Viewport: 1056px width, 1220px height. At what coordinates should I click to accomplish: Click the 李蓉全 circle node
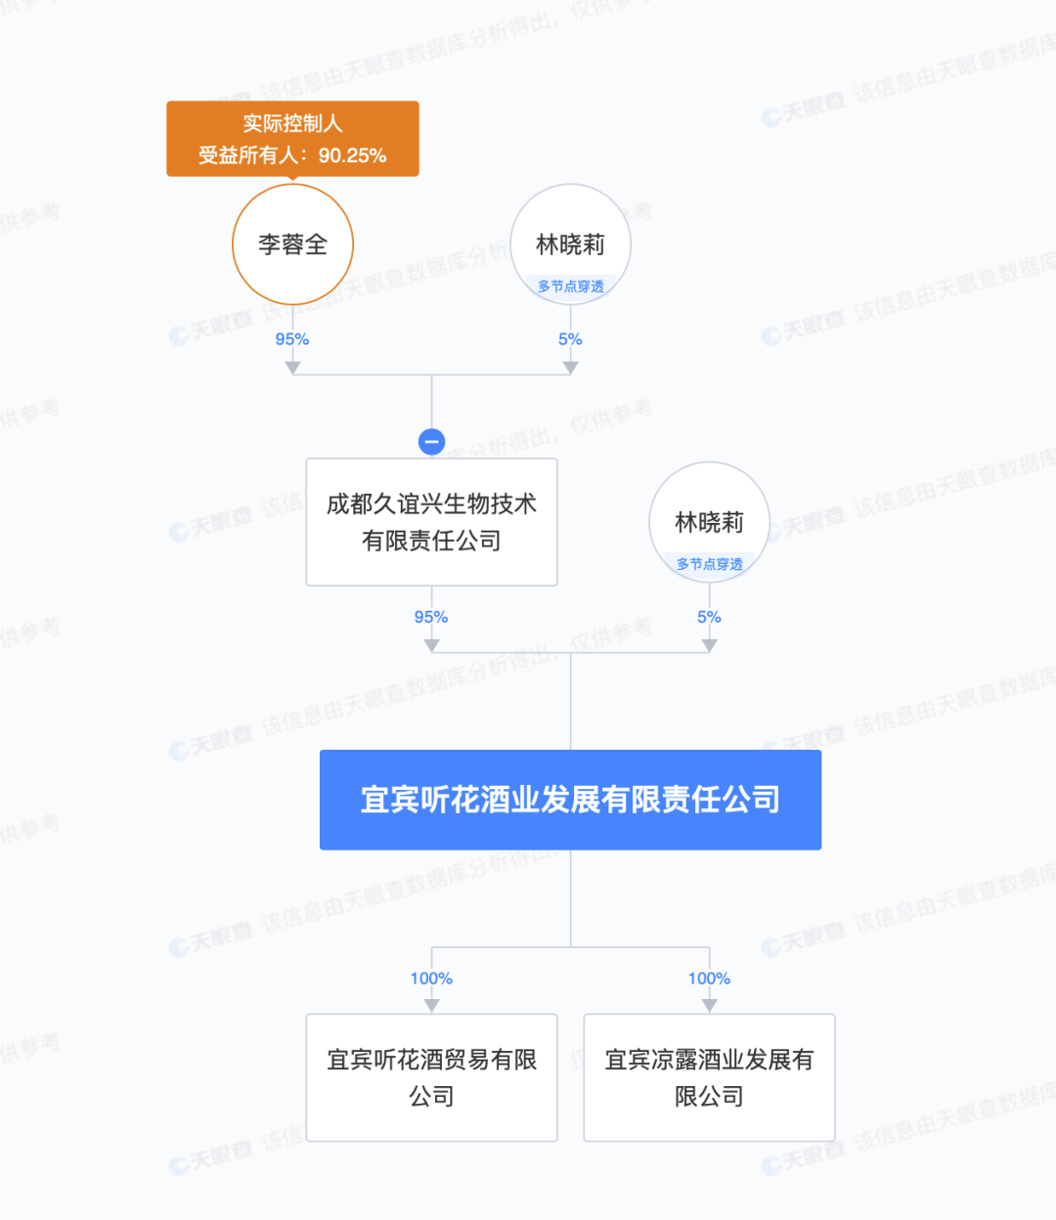pos(292,244)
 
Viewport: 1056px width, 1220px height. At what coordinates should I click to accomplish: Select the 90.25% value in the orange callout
pos(352,155)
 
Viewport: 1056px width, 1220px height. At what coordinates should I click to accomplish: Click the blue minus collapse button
pos(431,442)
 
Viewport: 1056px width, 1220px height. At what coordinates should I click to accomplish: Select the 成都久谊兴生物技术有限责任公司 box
pos(431,522)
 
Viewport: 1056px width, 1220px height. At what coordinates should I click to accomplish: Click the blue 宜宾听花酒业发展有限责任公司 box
pos(570,800)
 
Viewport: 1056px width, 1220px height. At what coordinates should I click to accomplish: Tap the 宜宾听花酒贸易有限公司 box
pos(431,1077)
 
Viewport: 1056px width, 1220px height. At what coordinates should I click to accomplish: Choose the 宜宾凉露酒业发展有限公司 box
pos(709,1077)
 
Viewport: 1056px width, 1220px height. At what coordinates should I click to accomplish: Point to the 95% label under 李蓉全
pos(292,339)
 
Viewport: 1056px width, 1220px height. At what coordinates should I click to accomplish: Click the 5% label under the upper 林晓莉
pos(570,339)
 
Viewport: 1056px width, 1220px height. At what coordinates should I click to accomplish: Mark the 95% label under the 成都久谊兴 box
pos(431,617)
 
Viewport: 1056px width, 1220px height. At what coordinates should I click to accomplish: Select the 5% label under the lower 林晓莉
pos(709,617)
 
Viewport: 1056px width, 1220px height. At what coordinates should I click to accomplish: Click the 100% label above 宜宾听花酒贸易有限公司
pos(431,979)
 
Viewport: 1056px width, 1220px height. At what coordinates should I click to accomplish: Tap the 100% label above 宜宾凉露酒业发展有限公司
pos(709,979)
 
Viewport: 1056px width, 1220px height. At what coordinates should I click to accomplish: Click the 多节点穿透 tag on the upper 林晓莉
pos(570,286)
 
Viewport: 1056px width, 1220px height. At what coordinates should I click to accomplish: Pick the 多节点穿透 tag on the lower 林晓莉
pos(709,564)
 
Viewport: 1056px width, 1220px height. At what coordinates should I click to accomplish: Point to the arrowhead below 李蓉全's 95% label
pos(292,368)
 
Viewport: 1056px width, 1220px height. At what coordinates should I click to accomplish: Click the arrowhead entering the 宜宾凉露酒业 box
pos(709,1005)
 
